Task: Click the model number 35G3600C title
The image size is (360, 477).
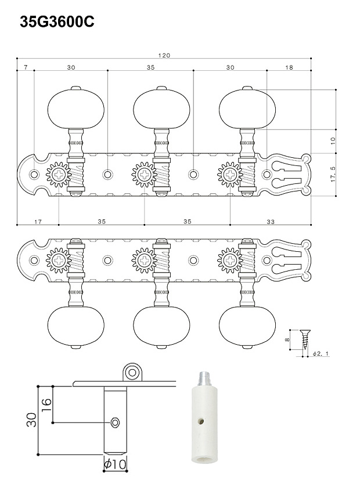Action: point(57,21)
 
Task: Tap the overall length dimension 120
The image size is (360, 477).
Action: point(164,55)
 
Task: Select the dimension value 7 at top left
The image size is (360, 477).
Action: point(26,67)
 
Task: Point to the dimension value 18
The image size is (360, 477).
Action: point(289,67)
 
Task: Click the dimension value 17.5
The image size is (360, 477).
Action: point(333,175)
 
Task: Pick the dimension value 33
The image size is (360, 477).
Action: point(271,222)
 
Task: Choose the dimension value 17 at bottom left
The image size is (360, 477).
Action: point(38,222)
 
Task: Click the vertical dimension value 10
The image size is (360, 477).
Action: point(333,141)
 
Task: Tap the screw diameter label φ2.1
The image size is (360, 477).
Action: point(321,353)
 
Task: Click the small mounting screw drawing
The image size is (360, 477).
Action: point(305,340)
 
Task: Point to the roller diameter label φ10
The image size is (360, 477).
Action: point(115,464)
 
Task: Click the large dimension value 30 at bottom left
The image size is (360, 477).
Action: point(31,420)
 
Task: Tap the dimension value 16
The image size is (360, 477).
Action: point(46,405)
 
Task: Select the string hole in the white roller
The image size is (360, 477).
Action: point(201,422)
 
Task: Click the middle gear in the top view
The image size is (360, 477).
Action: point(143,175)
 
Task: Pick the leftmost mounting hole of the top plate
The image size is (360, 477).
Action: point(34,175)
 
